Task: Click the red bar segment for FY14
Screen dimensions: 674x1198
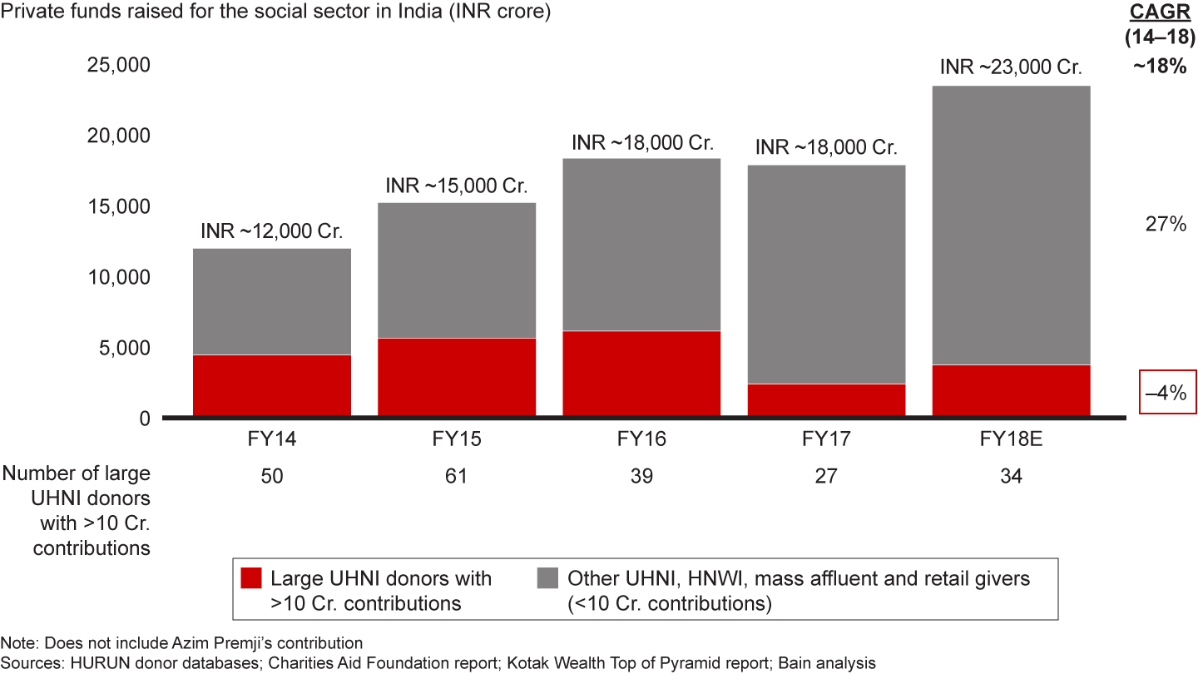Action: (x=271, y=385)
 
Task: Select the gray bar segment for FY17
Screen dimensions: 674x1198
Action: (x=826, y=275)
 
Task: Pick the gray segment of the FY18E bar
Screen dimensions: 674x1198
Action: (x=1011, y=225)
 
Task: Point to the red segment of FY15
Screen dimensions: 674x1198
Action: (x=457, y=376)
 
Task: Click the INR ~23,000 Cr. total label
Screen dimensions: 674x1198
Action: (x=1011, y=67)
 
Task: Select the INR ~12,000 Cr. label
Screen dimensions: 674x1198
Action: (x=271, y=231)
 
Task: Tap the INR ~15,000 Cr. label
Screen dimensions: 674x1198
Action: (x=457, y=186)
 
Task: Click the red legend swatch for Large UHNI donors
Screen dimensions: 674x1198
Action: (x=250, y=578)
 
